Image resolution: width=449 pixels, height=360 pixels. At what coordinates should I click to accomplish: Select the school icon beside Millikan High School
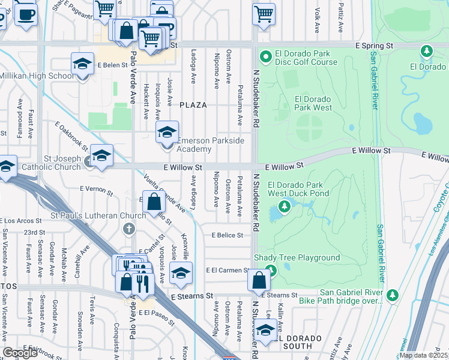82,65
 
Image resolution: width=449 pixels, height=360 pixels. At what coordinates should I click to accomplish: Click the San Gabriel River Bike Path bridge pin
393,295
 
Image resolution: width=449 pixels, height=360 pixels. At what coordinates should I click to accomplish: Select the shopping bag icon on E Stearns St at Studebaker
259,281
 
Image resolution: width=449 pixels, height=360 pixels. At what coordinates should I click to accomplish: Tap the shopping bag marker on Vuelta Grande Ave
154,203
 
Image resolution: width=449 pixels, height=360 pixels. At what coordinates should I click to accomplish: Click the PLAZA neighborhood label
193,105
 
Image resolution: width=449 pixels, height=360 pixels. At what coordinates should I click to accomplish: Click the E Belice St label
226,236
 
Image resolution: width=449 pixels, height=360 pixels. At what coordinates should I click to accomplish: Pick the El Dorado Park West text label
313,104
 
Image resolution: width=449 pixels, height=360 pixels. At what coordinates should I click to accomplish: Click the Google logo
20,353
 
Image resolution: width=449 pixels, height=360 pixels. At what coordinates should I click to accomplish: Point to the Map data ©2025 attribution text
423,355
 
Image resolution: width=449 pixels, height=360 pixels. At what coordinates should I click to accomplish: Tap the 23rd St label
34,232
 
